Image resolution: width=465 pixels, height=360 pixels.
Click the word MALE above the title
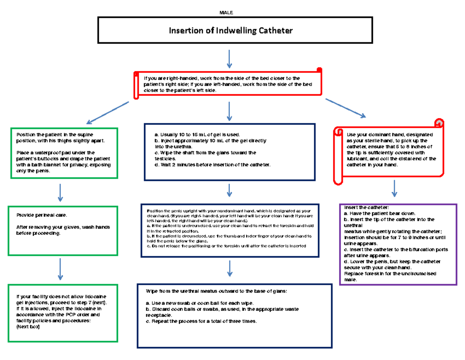click(226, 13)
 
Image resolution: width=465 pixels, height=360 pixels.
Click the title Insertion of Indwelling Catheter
click(231, 30)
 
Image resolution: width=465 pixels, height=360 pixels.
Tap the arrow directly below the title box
click(229, 59)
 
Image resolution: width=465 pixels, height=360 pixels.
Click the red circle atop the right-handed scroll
click(319, 70)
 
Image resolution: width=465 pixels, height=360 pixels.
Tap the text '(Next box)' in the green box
click(28, 327)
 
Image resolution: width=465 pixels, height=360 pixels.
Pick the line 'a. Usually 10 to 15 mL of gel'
click(200, 134)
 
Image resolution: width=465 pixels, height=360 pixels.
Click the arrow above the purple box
click(394, 188)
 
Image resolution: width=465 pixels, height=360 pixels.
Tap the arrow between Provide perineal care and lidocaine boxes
click(60, 269)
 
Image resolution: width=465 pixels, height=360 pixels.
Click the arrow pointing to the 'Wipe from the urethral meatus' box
click(229, 269)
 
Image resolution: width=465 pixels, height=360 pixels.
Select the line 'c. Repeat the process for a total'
click(201, 321)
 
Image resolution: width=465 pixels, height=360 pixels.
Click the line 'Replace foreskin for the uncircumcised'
click(390, 274)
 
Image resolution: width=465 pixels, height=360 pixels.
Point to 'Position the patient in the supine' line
click(55, 134)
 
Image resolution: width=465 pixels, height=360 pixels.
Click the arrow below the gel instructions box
click(229, 190)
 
